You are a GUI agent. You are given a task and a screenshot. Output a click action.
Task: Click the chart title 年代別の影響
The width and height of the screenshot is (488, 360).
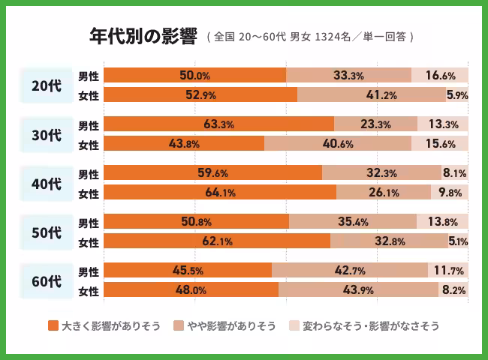coord(143,36)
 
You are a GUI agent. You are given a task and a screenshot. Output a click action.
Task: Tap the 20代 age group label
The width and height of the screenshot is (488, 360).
coord(47,85)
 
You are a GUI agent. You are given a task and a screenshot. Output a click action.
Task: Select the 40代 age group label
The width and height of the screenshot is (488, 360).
coord(47,183)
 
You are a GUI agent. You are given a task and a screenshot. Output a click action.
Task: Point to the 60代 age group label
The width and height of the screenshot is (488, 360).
coord(47,281)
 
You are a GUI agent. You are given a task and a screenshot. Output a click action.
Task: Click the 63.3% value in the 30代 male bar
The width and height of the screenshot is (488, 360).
coord(218,124)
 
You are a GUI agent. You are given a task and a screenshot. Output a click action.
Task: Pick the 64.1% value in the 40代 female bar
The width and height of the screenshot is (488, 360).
coord(220,193)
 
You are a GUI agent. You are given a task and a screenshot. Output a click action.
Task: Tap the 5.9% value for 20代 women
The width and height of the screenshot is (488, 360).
coord(457,94)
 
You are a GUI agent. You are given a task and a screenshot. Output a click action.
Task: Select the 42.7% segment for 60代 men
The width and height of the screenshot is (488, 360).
coord(349,271)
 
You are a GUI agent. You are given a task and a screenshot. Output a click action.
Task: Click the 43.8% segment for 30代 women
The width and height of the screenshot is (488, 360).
coord(184,144)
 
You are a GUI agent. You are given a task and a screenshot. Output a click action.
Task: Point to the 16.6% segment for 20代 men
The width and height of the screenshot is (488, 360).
coord(440,75)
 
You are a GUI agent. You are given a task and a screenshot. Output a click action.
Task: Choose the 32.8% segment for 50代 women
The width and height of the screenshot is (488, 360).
coord(389,241)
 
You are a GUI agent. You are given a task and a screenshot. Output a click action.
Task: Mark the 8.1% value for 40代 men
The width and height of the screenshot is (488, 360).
coord(454,173)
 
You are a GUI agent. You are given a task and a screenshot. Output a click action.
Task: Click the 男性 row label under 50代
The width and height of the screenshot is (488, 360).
coord(89,223)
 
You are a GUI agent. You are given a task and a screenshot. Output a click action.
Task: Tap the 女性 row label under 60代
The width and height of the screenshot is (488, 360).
coord(89,291)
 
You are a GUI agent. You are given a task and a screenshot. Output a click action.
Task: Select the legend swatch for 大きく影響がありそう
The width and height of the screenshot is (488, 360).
coord(53,326)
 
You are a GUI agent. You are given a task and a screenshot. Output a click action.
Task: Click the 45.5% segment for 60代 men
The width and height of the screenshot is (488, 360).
coord(188,271)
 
